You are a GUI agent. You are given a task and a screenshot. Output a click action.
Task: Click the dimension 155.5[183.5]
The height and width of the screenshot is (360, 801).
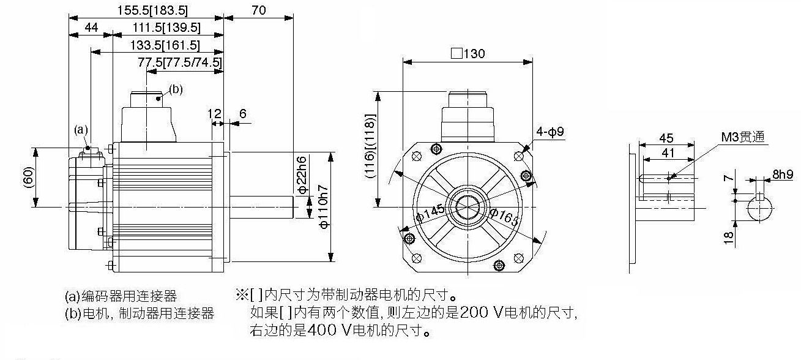152,10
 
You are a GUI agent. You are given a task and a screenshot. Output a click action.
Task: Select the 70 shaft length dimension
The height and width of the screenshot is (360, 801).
259,10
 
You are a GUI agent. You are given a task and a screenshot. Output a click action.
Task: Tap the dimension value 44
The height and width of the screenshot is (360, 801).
91,28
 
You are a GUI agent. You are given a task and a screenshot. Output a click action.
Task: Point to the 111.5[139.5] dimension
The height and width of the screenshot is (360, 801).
166,28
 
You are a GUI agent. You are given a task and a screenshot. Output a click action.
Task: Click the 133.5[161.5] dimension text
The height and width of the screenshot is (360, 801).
165,45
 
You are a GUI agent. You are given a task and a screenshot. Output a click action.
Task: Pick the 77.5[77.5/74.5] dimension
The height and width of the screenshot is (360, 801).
180,62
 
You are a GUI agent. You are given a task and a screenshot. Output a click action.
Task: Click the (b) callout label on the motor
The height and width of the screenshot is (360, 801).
176,89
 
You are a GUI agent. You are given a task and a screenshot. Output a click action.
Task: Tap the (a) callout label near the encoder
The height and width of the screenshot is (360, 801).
81,129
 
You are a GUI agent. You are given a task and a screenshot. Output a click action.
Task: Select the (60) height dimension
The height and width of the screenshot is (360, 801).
29,177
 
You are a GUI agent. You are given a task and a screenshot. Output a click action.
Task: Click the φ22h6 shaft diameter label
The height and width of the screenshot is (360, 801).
302,174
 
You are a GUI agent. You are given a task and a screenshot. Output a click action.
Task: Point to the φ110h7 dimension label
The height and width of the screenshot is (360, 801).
324,207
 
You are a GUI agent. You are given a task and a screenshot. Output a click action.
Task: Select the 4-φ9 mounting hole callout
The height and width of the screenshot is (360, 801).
550,132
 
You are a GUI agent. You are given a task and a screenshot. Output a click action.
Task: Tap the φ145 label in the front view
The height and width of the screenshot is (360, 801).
431,213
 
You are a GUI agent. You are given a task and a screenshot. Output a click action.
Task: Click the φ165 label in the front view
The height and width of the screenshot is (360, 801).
505,217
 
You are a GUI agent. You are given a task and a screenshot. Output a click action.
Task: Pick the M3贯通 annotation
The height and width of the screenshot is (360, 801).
743,137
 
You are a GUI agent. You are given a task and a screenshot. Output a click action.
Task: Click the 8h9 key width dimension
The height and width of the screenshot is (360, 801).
783,174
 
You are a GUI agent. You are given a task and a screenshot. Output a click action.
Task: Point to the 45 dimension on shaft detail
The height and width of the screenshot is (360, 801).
666,138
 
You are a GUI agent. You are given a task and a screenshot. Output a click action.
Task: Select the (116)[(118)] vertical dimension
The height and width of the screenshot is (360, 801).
370,146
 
